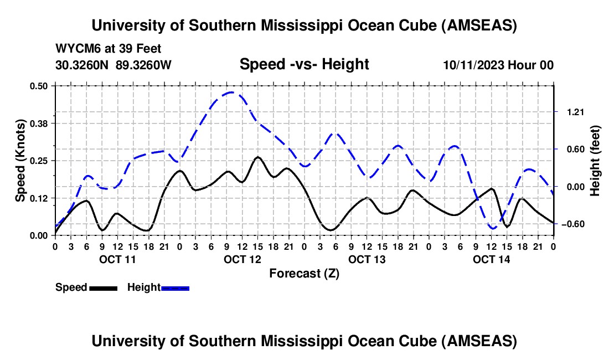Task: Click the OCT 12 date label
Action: click(242, 259)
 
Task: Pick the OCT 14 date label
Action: click(491, 259)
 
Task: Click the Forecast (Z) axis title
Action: click(304, 273)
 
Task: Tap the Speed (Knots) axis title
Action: click(20, 161)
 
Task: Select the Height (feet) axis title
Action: click(595, 161)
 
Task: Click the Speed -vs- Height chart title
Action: click(304, 65)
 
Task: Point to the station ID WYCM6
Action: click(75, 49)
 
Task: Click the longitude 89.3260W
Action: click(143, 65)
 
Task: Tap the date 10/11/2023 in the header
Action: click(473, 65)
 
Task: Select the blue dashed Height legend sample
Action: click(176, 287)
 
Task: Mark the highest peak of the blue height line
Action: click(231, 92)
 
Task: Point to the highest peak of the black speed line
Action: click(257, 157)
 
